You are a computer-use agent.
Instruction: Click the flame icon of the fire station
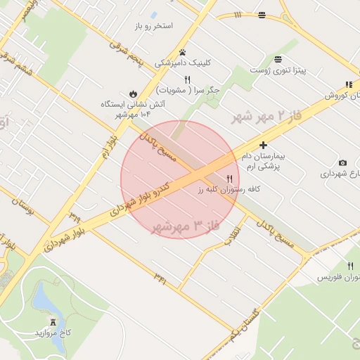[x=133, y=93]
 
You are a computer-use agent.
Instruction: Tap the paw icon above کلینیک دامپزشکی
[x=182, y=52]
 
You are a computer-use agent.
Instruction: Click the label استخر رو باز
[x=153, y=26]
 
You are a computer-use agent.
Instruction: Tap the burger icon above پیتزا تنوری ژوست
[x=279, y=59]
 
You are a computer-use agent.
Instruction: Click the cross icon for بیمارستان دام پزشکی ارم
[x=264, y=145]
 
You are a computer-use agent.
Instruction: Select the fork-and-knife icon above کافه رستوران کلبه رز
[x=229, y=179]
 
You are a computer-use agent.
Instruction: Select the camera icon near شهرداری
[x=342, y=163]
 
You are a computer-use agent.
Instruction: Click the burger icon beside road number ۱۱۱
[x=262, y=15]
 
